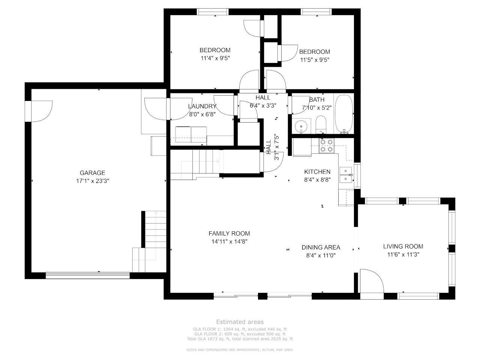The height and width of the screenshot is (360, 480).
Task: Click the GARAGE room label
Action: [x=92, y=173]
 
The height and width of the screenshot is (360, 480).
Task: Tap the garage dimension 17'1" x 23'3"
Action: [x=93, y=181]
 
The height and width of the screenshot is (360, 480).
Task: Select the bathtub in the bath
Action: [x=344, y=114]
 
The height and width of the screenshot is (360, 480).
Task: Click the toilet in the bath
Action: [x=321, y=124]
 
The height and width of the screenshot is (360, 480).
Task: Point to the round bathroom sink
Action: [x=301, y=126]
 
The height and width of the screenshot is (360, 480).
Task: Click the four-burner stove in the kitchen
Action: [x=326, y=146]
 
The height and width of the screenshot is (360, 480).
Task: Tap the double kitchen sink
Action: [x=346, y=175]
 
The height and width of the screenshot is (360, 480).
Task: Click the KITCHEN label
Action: [x=317, y=172]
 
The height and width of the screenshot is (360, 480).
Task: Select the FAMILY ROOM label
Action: [x=229, y=234]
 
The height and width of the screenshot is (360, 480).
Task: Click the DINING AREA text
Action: [x=321, y=247]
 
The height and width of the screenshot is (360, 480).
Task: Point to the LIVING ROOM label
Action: [x=403, y=246]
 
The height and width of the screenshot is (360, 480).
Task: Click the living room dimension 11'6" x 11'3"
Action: [x=403, y=255]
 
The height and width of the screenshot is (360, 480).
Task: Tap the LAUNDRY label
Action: [x=202, y=106]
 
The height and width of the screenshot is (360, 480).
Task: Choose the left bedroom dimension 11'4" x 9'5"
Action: [x=215, y=58]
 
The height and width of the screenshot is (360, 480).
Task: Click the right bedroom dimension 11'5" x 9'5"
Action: [x=315, y=60]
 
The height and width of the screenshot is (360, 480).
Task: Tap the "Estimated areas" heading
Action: [x=240, y=322]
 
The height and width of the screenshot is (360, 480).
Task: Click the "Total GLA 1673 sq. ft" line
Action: [x=240, y=339]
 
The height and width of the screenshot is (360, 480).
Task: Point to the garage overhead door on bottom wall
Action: [x=88, y=275]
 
